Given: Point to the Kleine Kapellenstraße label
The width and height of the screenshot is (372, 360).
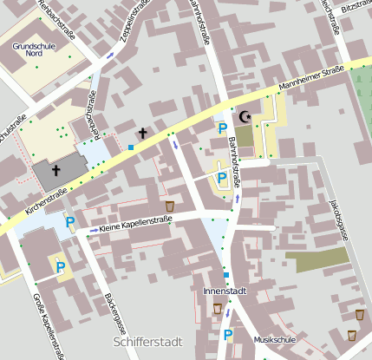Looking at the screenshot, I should (135, 224).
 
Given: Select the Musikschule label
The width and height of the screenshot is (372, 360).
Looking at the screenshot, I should (275, 339).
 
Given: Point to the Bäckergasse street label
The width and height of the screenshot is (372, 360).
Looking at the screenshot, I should (114, 321).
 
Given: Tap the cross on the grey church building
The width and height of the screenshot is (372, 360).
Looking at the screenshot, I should (56, 170).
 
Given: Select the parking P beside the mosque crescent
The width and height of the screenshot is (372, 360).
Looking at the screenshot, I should (223, 128).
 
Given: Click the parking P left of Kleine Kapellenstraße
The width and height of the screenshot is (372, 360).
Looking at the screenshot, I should (70, 223).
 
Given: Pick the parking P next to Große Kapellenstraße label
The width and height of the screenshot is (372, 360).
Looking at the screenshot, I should (60, 267).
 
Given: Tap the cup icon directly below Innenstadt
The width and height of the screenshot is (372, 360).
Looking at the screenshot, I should (218, 308).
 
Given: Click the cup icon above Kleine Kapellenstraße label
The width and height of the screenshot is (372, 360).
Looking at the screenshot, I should (169, 206).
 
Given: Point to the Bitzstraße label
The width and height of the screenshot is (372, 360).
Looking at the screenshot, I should (356, 5).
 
